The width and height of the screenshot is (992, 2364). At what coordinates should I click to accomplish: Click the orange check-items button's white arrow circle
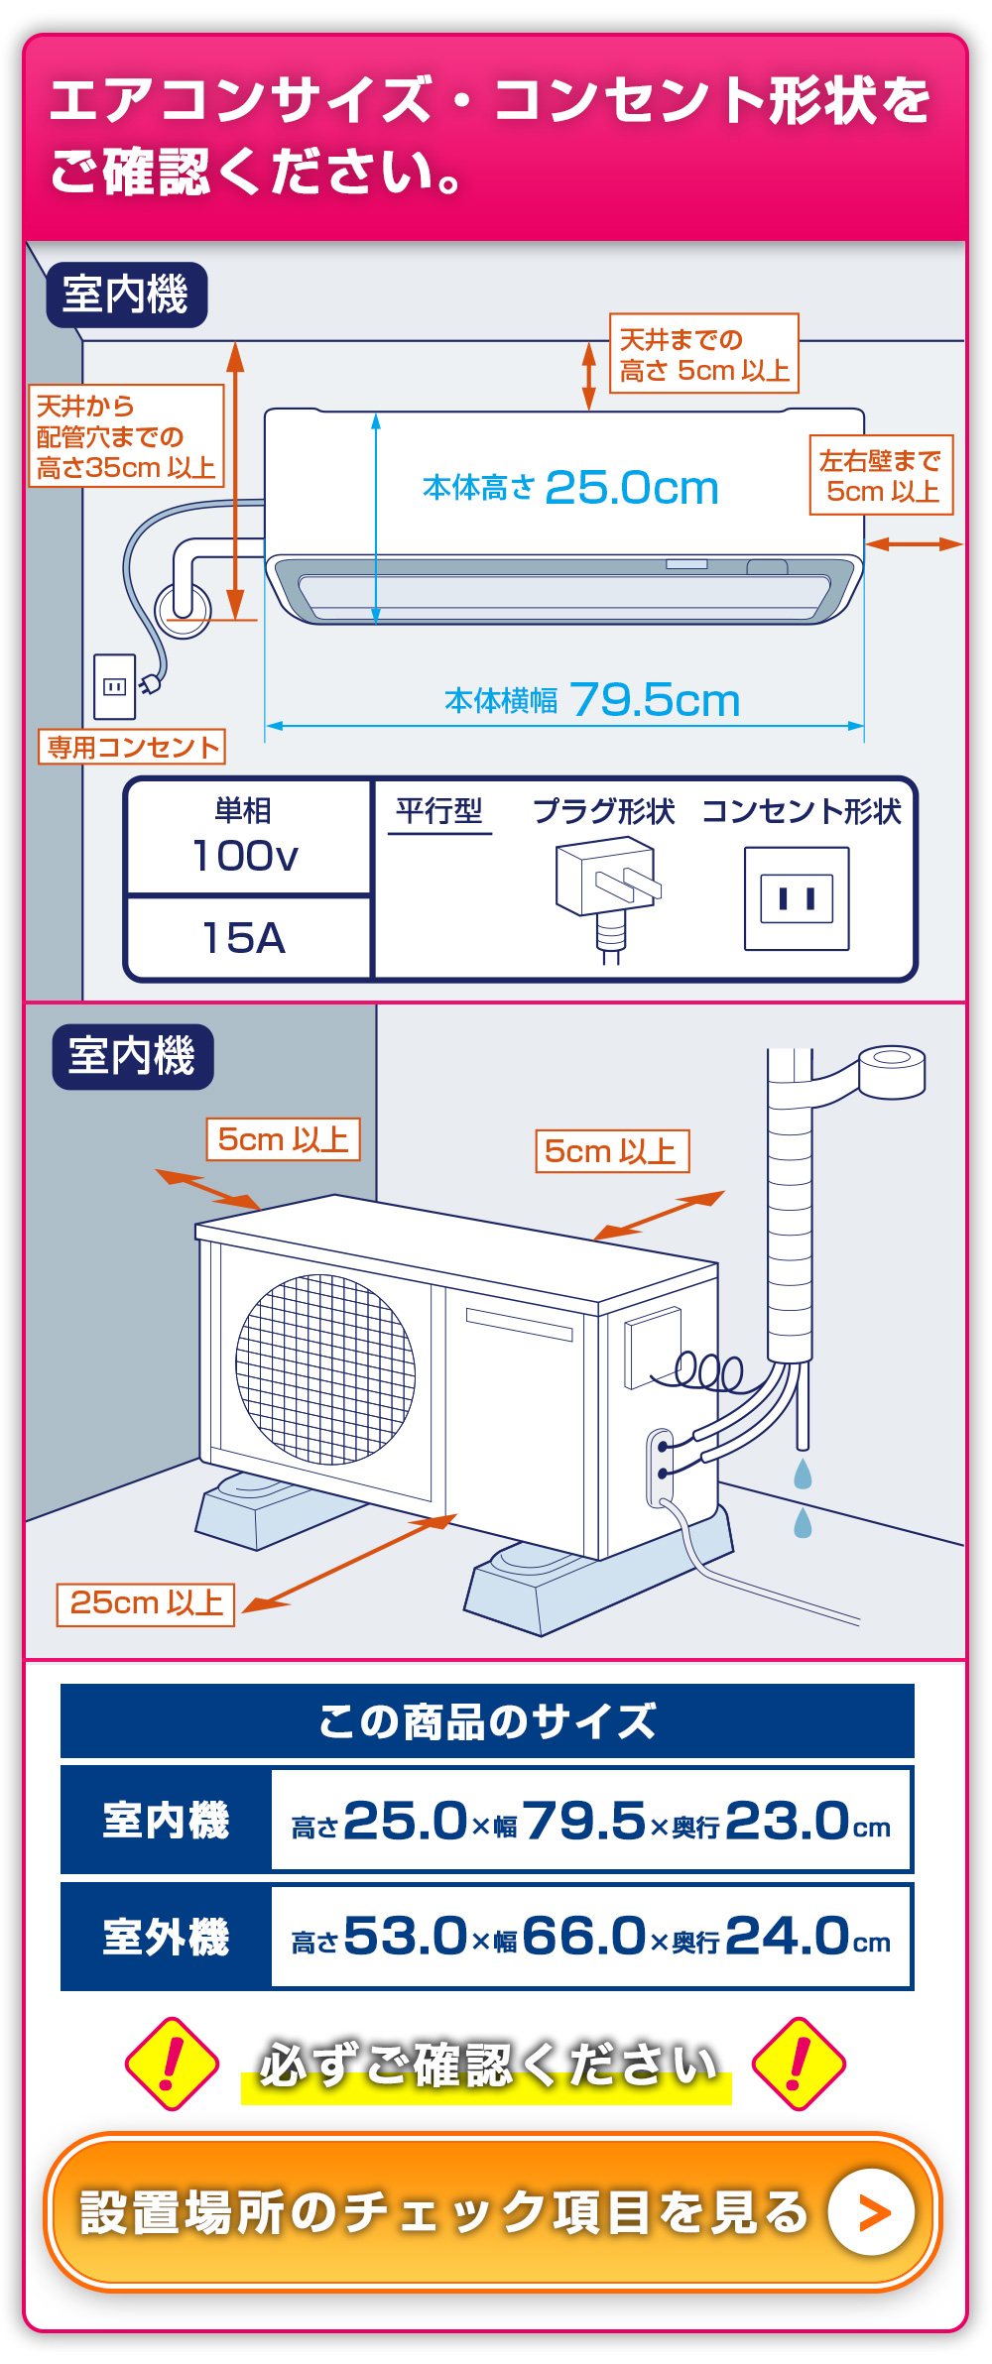pyautogui.click(x=871, y=2212)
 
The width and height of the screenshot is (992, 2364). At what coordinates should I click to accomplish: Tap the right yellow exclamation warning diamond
pyautogui.click(x=799, y=2064)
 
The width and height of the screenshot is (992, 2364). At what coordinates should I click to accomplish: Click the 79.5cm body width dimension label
pyautogui.click(x=592, y=700)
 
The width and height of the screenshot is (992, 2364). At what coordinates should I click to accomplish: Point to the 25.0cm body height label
pyautogui.click(x=570, y=487)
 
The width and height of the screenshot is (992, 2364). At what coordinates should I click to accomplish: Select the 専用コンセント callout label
pyautogui.click(x=132, y=747)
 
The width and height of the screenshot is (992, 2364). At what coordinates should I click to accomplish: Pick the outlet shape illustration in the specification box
pyautogui.click(x=797, y=898)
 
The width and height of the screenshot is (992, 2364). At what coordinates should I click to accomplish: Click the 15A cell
pyautogui.click(x=245, y=938)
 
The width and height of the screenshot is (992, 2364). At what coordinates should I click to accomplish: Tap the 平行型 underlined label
pyautogui.click(x=439, y=813)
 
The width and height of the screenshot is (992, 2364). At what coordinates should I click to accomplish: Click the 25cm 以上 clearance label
pyautogui.click(x=146, y=1604)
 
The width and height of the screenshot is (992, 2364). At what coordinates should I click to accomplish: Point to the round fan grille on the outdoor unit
pyautogui.click(x=325, y=1369)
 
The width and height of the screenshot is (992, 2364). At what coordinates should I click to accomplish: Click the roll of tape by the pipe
pyautogui.click(x=892, y=1072)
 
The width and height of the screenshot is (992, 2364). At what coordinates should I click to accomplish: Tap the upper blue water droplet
pyautogui.click(x=803, y=1474)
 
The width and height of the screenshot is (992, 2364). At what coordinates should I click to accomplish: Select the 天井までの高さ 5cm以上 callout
pyautogui.click(x=703, y=354)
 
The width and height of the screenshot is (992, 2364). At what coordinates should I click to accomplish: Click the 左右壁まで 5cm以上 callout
pyautogui.click(x=881, y=475)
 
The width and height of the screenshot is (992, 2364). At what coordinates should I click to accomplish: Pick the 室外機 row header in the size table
pyautogui.click(x=166, y=1938)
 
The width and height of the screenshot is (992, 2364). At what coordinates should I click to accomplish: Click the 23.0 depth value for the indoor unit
pyautogui.click(x=786, y=1821)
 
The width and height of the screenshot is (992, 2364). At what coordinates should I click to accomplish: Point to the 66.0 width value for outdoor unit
pyautogui.click(x=584, y=1936)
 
